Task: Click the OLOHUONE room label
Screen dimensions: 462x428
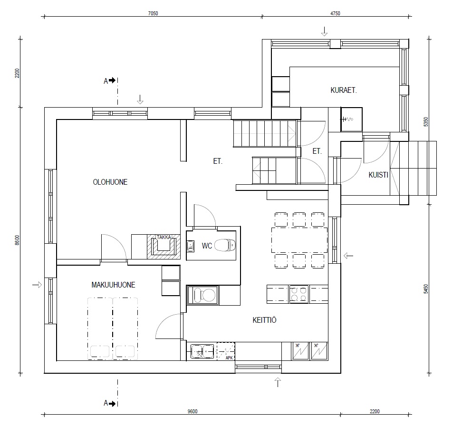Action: (x=110, y=182)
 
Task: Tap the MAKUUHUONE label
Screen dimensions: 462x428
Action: (x=114, y=285)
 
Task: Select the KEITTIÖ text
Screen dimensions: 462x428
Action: (x=265, y=320)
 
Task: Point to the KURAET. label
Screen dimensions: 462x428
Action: (x=344, y=90)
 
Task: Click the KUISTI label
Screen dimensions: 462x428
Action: (x=378, y=175)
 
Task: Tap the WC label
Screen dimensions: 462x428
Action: (x=207, y=246)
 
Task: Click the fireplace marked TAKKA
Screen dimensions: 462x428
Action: (x=164, y=247)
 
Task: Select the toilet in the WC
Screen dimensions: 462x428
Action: (x=225, y=245)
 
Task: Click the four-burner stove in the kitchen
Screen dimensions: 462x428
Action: (x=299, y=294)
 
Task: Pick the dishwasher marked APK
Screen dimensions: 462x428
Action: (x=226, y=351)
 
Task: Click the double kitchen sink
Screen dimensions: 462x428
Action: (x=202, y=351)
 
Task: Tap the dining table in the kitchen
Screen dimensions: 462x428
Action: (x=299, y=240)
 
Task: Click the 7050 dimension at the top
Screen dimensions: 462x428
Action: (x=153, y=13)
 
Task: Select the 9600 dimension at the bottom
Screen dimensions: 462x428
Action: (x=192, y=411)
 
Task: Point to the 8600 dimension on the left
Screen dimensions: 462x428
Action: (x=18, y=240)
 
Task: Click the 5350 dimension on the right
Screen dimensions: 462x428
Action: (x=426, y=122)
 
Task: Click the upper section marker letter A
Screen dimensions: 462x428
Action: (x=106, y=81)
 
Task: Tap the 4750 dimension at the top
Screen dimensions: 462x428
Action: (x=335, y=13)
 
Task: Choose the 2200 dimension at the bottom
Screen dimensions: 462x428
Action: (x=375, y=411)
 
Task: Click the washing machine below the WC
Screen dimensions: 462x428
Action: (x=203, y=295)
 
